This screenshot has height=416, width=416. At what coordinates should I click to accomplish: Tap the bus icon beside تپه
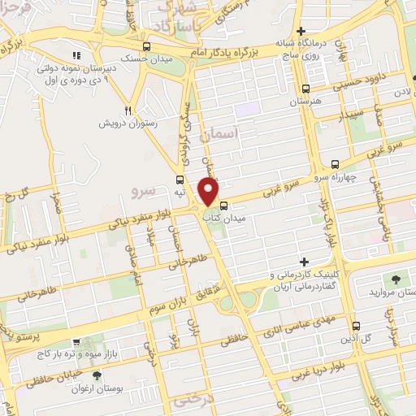click(x=178, y=180)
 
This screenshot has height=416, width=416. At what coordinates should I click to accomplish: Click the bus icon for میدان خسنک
click(x=145, y=47)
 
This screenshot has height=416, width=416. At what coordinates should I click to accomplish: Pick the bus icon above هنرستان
click(x=305, y=90)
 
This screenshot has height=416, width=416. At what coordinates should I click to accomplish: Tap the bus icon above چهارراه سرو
click(x=336, y=165)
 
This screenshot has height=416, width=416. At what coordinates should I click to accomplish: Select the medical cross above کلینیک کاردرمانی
click(x=305, y=262)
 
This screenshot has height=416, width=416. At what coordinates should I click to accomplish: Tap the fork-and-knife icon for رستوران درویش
click(x=128, y=110)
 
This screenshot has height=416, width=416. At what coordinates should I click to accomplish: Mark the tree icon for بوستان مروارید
click(x=398, y=279)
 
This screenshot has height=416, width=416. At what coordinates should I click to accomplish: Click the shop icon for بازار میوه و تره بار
click(x=76, y=344)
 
